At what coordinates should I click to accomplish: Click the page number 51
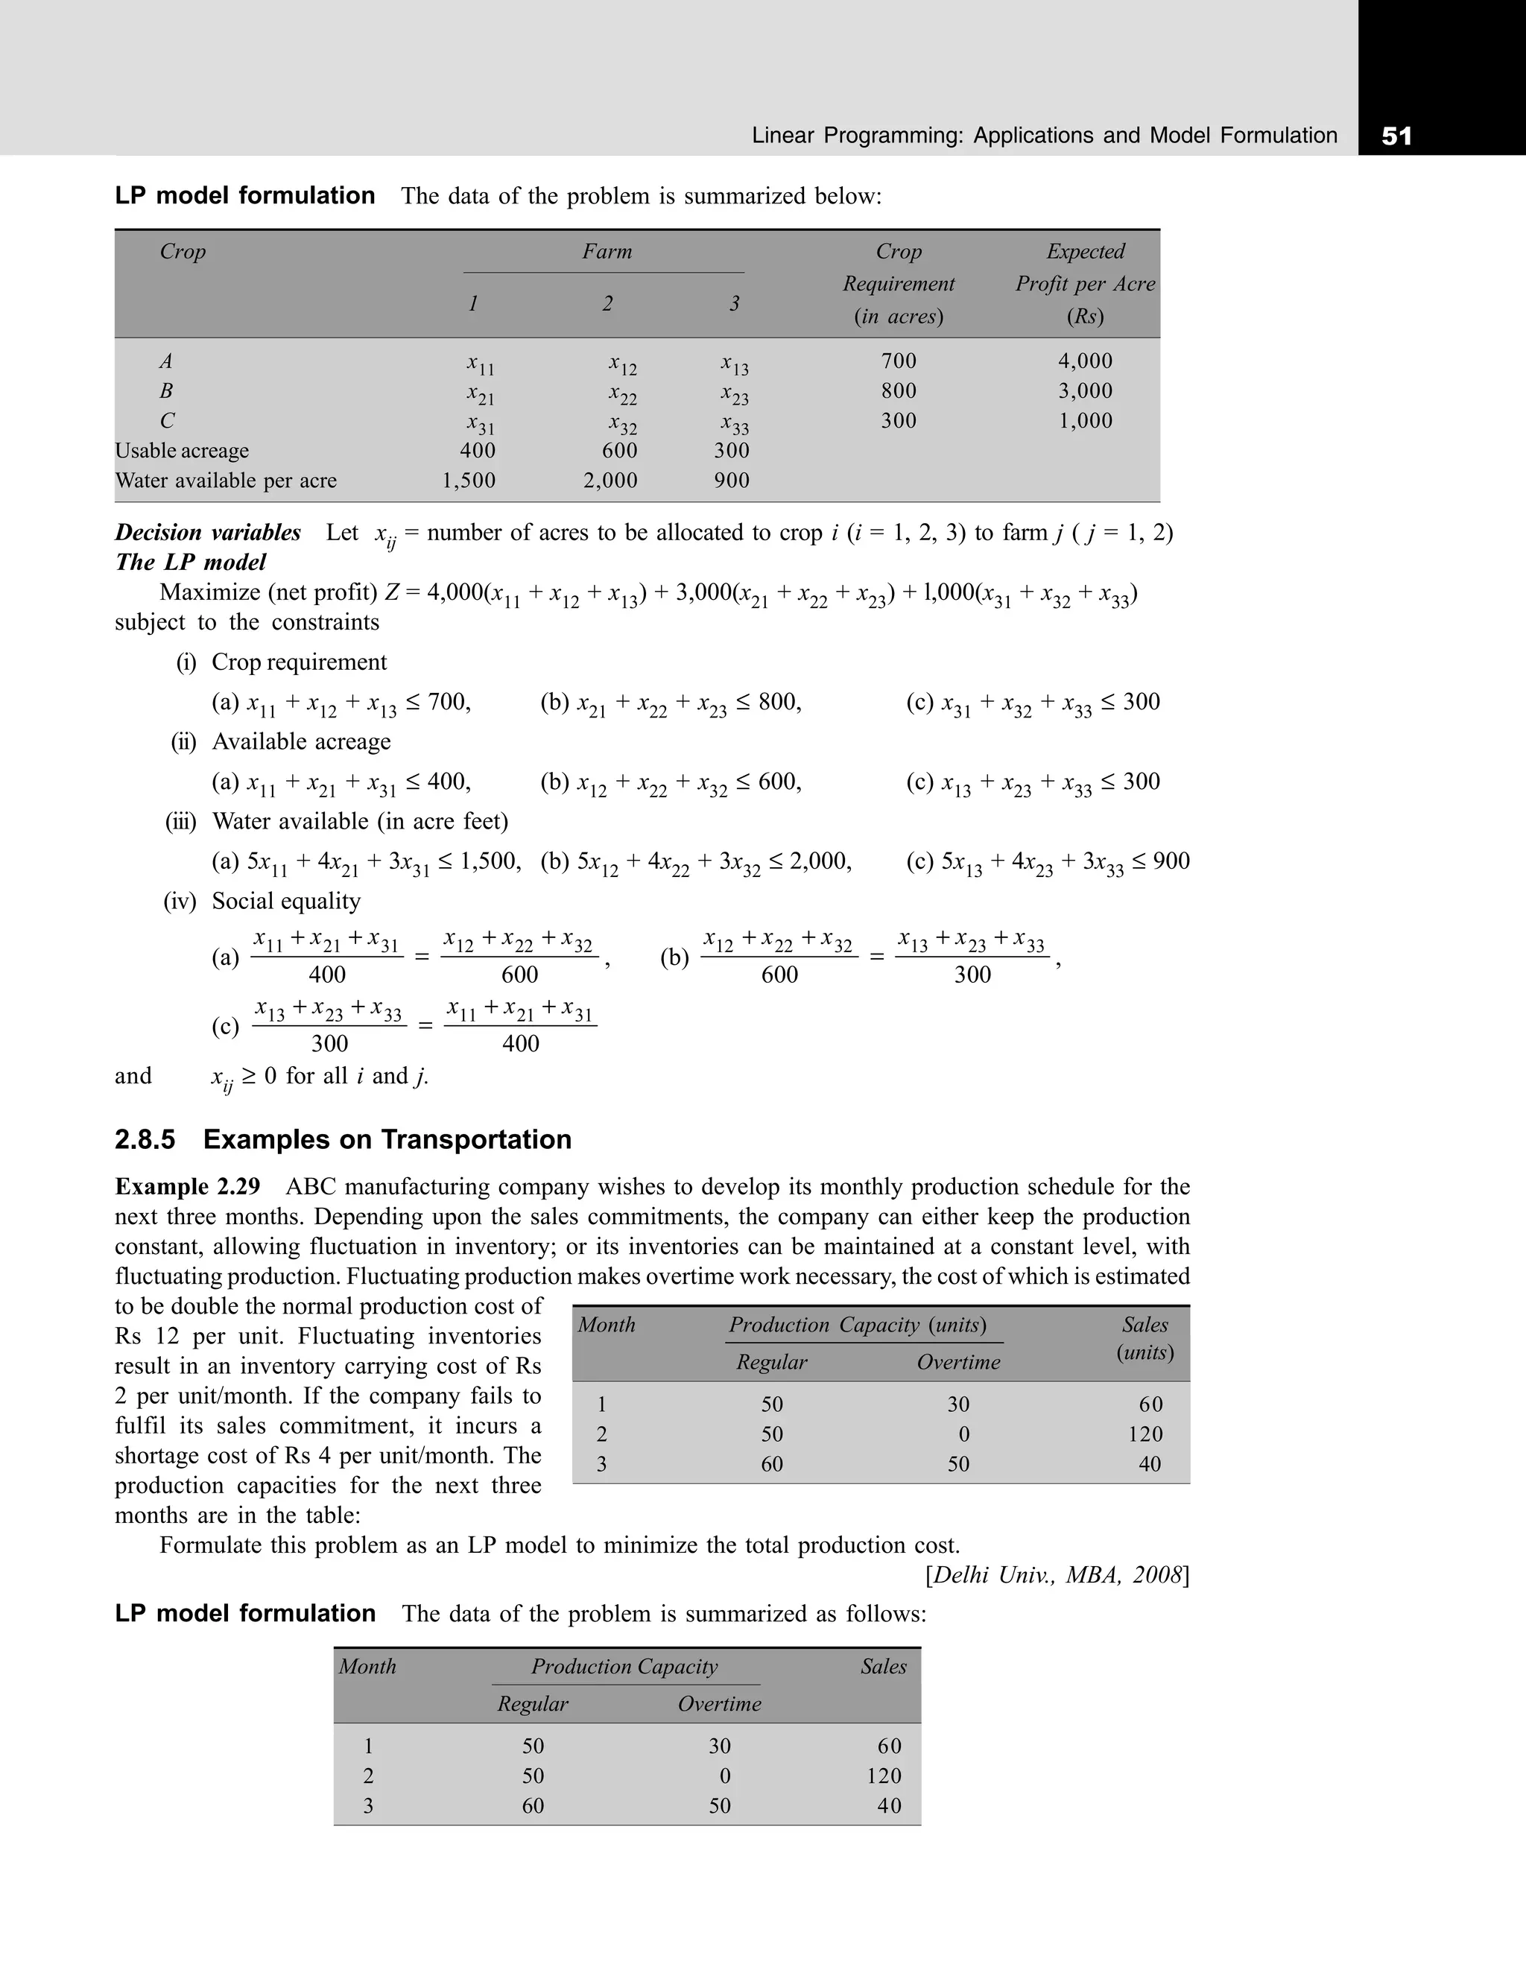(1396, 136)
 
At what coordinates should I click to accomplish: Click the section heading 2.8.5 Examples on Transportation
(343, 1139)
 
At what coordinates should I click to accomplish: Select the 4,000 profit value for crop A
(1085, 361)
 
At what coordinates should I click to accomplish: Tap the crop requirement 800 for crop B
(899, 390)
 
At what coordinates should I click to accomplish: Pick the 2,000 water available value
(610, 480)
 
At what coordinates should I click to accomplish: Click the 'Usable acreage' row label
(183, 450)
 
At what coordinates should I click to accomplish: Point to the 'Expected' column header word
(1085, 251)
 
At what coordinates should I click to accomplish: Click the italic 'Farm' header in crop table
(607, 251)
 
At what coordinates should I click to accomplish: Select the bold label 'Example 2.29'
(188, 1186)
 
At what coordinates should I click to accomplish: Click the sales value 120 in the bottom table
(884, 1776)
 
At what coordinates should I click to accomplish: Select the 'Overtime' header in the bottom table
(719, 1704)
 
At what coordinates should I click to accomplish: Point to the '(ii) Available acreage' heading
(282, 741)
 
